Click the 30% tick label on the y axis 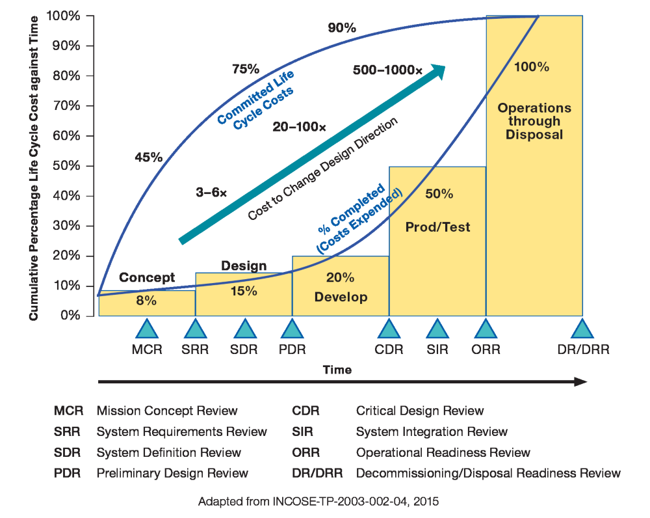[66, 226]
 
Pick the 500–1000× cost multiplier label [387, 70]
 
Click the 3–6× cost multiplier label [211, 193]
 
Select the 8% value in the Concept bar [146, 301]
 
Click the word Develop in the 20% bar [341, 297]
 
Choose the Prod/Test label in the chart [437, 227]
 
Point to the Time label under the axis [337, 370]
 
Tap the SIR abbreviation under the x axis [437, 349]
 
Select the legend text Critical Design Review [420, 411]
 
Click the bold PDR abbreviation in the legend [67, 473]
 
